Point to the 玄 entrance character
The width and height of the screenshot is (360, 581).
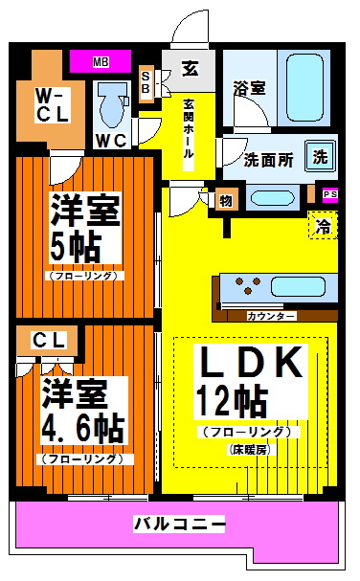190,70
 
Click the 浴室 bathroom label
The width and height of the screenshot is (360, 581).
248,87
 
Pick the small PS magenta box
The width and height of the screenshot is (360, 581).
329,195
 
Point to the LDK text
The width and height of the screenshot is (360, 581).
251,362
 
